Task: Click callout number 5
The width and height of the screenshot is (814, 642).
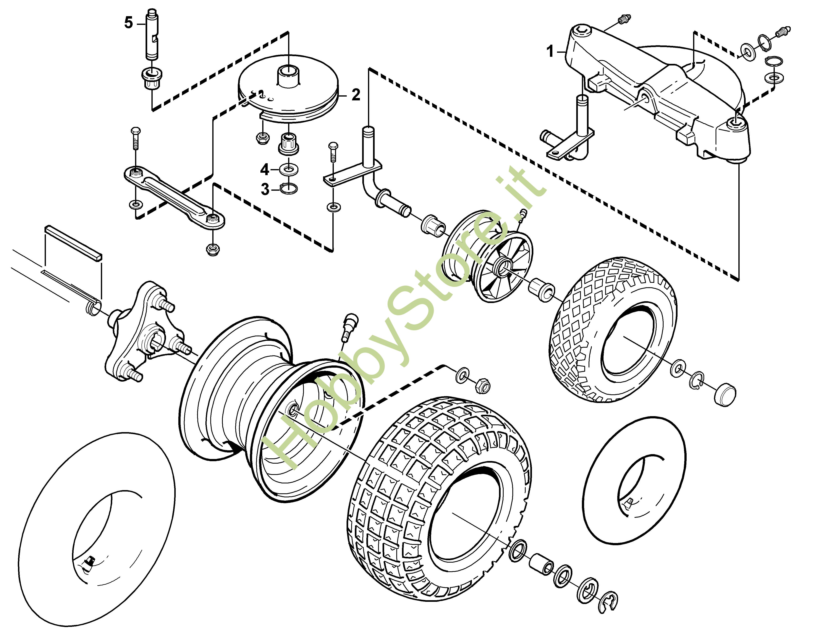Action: click(129, 23)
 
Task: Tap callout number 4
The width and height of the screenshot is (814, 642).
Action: click(265, 169)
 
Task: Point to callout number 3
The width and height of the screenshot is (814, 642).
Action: click(265, 189)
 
